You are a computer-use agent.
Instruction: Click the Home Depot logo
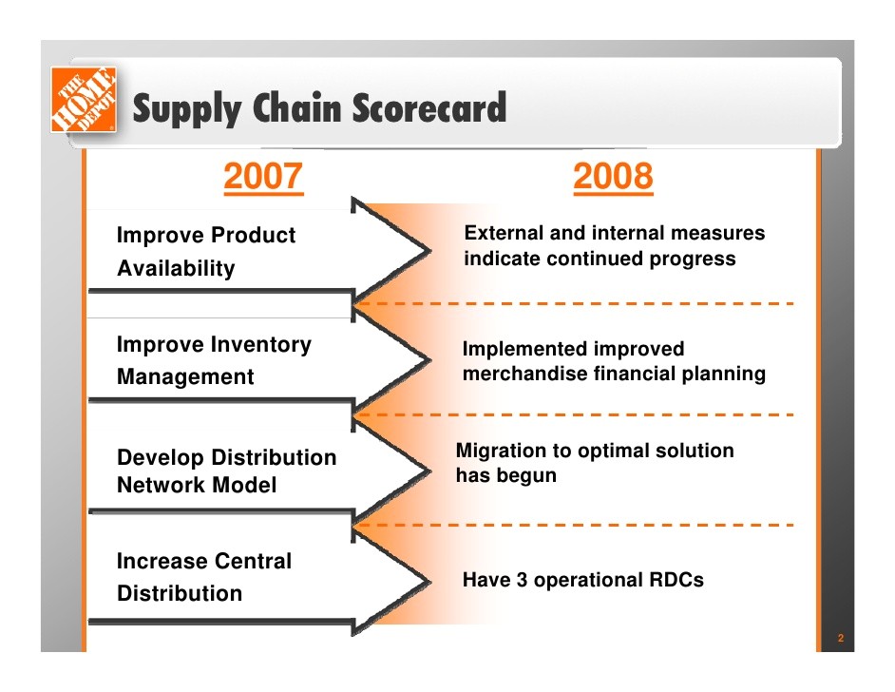84,100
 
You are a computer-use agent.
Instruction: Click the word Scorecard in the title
428,107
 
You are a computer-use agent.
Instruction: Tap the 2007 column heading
263,176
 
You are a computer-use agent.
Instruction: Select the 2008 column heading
613,176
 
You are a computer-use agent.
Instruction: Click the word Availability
176,268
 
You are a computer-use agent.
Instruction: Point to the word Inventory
261,344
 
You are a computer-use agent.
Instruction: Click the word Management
185,376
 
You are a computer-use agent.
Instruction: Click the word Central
254,561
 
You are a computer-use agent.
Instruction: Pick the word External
504,232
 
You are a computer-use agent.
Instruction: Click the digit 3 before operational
522,580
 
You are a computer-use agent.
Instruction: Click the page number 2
840,638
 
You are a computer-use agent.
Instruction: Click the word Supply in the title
187,108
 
